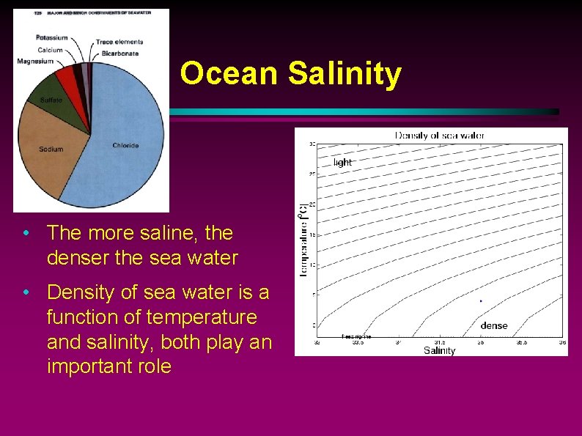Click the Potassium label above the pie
(51, 37)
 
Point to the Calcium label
(50, 50)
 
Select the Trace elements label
(119, 42)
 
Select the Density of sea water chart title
(440, 136)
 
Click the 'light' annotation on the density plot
(342, 162)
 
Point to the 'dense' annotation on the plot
(494, 325)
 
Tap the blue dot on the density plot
(480, 300)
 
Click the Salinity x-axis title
(439, 350)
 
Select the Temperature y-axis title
(303, 240)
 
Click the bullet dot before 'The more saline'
(26, 234)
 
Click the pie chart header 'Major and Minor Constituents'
(95, 13)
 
